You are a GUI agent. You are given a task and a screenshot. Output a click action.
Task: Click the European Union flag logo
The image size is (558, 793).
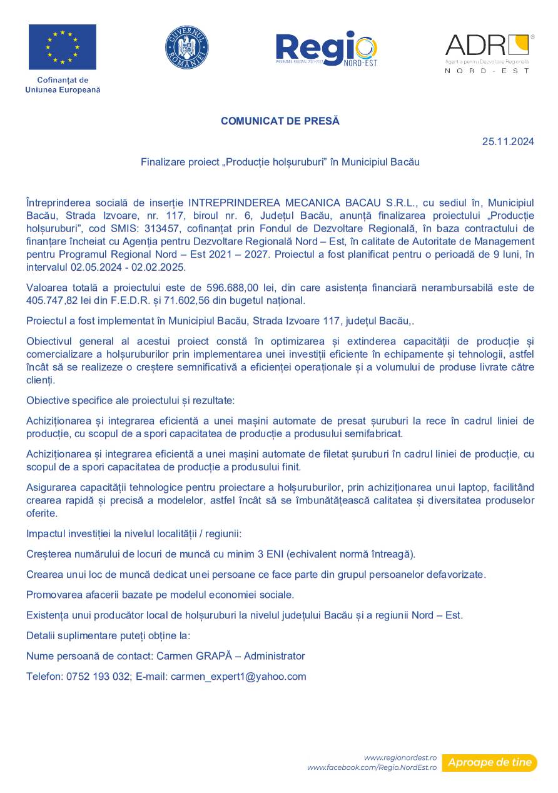(63, 47)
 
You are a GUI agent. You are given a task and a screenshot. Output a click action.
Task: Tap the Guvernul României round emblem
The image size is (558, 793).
(187, 48)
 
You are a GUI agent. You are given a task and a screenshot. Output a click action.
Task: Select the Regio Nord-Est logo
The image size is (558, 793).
(327, 49)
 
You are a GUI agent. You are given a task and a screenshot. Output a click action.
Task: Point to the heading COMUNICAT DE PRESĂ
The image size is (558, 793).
(280, 121)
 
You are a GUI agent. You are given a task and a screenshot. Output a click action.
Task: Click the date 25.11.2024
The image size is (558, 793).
(508, 141)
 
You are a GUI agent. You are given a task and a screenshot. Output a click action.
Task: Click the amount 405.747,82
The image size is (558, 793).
(53, 300)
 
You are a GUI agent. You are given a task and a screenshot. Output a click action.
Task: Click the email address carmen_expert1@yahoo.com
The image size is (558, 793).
(238, 676)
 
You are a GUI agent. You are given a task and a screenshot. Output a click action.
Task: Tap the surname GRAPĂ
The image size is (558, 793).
(214, 656)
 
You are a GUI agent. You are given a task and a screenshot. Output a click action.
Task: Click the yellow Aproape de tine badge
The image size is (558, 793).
(490, 762)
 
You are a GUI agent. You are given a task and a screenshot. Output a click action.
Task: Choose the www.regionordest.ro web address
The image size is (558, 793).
(400, 757)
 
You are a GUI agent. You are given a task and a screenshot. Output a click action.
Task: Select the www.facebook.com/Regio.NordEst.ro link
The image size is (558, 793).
(372, 767)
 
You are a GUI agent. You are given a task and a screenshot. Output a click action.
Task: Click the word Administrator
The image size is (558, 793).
(274, 656)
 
